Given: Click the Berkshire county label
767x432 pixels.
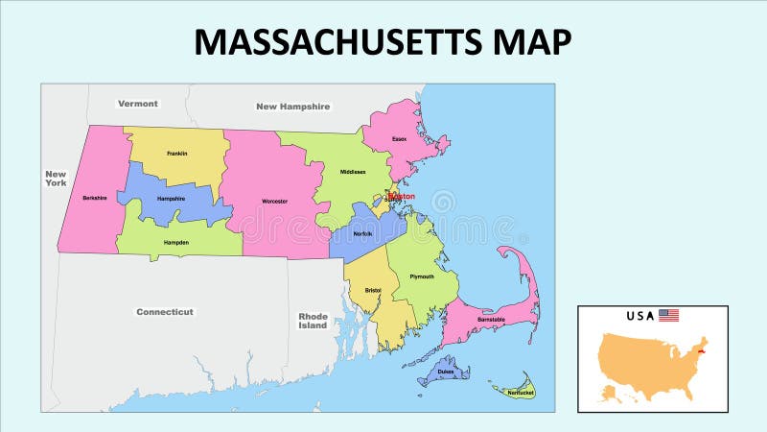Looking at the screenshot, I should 94,198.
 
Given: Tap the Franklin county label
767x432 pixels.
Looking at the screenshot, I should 176,154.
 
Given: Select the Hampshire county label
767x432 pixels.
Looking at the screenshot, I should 171,198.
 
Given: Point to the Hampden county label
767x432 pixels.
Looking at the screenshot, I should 175,243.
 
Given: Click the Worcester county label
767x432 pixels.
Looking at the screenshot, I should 274,202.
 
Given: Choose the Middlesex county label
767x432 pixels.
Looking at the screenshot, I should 353,172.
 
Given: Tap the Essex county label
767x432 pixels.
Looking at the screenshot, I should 399,139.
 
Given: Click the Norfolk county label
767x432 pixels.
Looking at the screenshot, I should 362,233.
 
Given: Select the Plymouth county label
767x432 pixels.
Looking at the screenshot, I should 422,276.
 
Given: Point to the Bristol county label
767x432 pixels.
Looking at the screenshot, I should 374,288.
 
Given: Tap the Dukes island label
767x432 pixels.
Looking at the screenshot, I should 445,370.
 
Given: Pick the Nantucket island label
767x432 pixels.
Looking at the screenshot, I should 520,392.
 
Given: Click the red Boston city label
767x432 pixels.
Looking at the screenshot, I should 403,196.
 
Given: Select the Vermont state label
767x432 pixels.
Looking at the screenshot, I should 138,103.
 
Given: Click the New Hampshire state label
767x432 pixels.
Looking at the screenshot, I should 292,107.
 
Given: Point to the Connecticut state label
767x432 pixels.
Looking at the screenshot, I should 165,312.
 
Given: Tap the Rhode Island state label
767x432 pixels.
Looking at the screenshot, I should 313,321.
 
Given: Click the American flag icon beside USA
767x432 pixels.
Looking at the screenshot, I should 668,315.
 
